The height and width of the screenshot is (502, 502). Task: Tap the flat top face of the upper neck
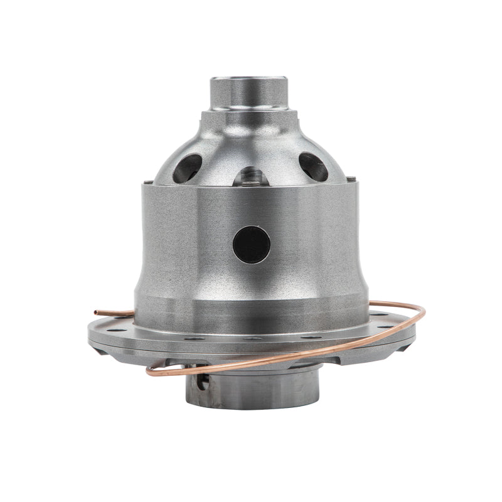(x=249, y=79)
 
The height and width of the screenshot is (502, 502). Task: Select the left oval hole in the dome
(x=188, y=167)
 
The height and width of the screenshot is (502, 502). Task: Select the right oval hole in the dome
(x=313, y=167)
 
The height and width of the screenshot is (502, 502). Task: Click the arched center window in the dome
(x=251, y=177)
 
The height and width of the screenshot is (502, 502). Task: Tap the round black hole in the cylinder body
(x=252, y=244)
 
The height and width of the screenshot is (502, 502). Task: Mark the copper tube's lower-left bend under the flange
(x=151, y=371)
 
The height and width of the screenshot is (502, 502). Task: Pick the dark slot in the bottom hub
(x=202, y=381)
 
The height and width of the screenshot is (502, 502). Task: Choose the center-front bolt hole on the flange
(x=251, y=338)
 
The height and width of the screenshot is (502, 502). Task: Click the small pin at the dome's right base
(x=356, y=183)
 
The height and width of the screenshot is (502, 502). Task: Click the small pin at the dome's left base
(x=146, y=183)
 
